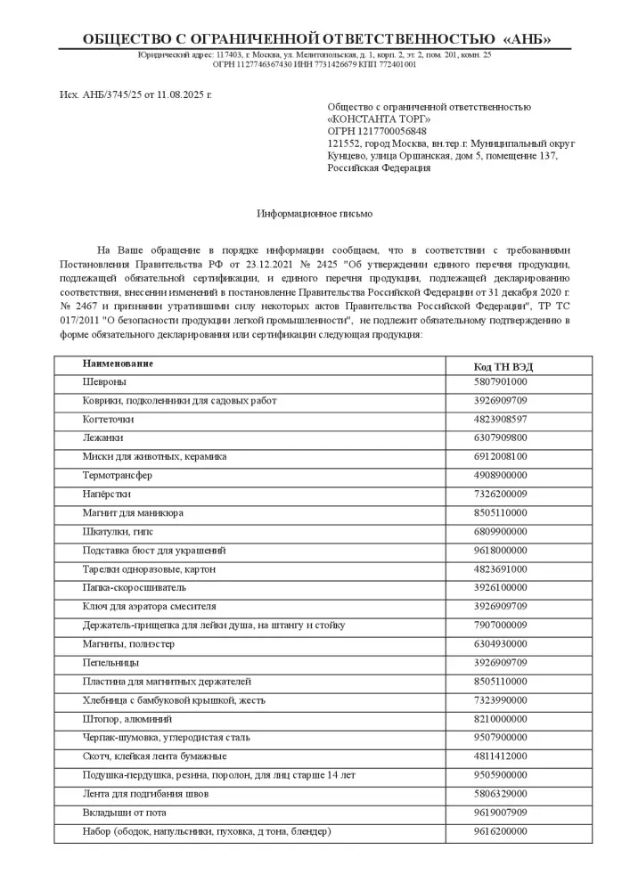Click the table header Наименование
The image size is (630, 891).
[x=118, y=364]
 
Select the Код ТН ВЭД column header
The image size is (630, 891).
[x=503, y=366]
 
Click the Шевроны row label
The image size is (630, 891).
[x=104, y=381]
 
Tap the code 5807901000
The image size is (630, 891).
[x=500, y=381]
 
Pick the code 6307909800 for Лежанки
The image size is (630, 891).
[x=500, y=437]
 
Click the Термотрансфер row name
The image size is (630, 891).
[x=118, y=475]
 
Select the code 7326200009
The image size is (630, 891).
[x=500, y=494]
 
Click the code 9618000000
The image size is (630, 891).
[x=500, y=550]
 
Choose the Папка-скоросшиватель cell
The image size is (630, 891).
[x=134, y=587]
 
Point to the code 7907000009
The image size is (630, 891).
[x=500, y=625]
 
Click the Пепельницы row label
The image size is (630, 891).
[x=110, y=662]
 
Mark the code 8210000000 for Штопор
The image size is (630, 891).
[x=500, y=718]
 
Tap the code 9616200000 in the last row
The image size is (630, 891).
[x=500, y=830]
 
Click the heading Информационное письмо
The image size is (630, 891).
[x=315, y=215]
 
